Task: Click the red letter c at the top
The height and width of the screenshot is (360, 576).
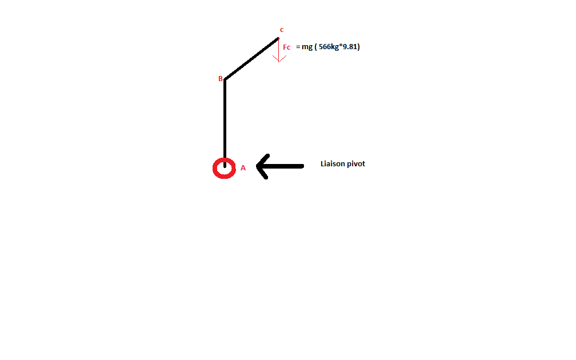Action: tap(281, 30)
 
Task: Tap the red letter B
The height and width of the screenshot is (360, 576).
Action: tap(220, 79)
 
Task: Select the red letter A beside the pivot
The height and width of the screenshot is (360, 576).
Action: tap(243, 168)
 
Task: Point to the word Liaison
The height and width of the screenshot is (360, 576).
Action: tap(334, 164)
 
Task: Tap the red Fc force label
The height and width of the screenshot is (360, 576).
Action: tap(287, 47)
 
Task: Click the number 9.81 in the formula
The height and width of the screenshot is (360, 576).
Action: tap(350, 47)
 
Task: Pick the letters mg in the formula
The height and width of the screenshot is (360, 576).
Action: tap(307, 47)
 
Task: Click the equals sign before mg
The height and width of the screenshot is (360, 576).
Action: tap(298, 47)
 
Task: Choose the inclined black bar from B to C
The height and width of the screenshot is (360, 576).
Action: tap(251, 59)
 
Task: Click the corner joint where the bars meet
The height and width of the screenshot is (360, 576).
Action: tap(225, 79)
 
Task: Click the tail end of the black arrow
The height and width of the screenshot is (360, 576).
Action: tap(301, 166)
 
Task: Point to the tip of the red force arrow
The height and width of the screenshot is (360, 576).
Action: tap(278, 61)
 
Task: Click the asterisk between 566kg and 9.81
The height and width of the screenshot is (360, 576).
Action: tap(341, 46)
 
